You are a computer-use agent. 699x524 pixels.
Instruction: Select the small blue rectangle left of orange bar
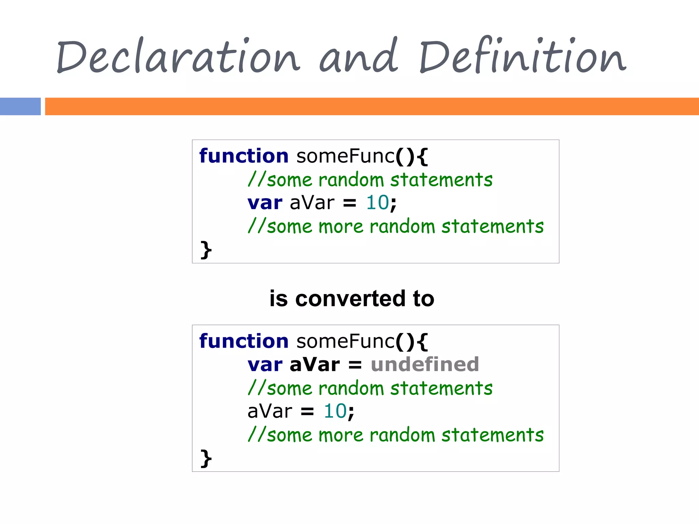coord(20,106)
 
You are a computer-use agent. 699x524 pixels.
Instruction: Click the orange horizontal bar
coord(372,106)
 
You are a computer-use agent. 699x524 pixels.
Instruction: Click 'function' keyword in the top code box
coord(244,156)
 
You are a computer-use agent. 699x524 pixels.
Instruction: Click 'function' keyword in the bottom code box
coord(244,341)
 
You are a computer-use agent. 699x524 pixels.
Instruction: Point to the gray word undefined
coord(425,364)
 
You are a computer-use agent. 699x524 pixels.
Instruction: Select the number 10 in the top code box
coord(377,203)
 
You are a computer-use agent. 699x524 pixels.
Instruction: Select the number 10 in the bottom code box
coord(335,411)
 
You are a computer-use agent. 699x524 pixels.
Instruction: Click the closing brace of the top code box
coord(206,250)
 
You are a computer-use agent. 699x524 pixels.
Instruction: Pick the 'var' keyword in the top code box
coord(265,203)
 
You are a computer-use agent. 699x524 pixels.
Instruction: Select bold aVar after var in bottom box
coord(315,365)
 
